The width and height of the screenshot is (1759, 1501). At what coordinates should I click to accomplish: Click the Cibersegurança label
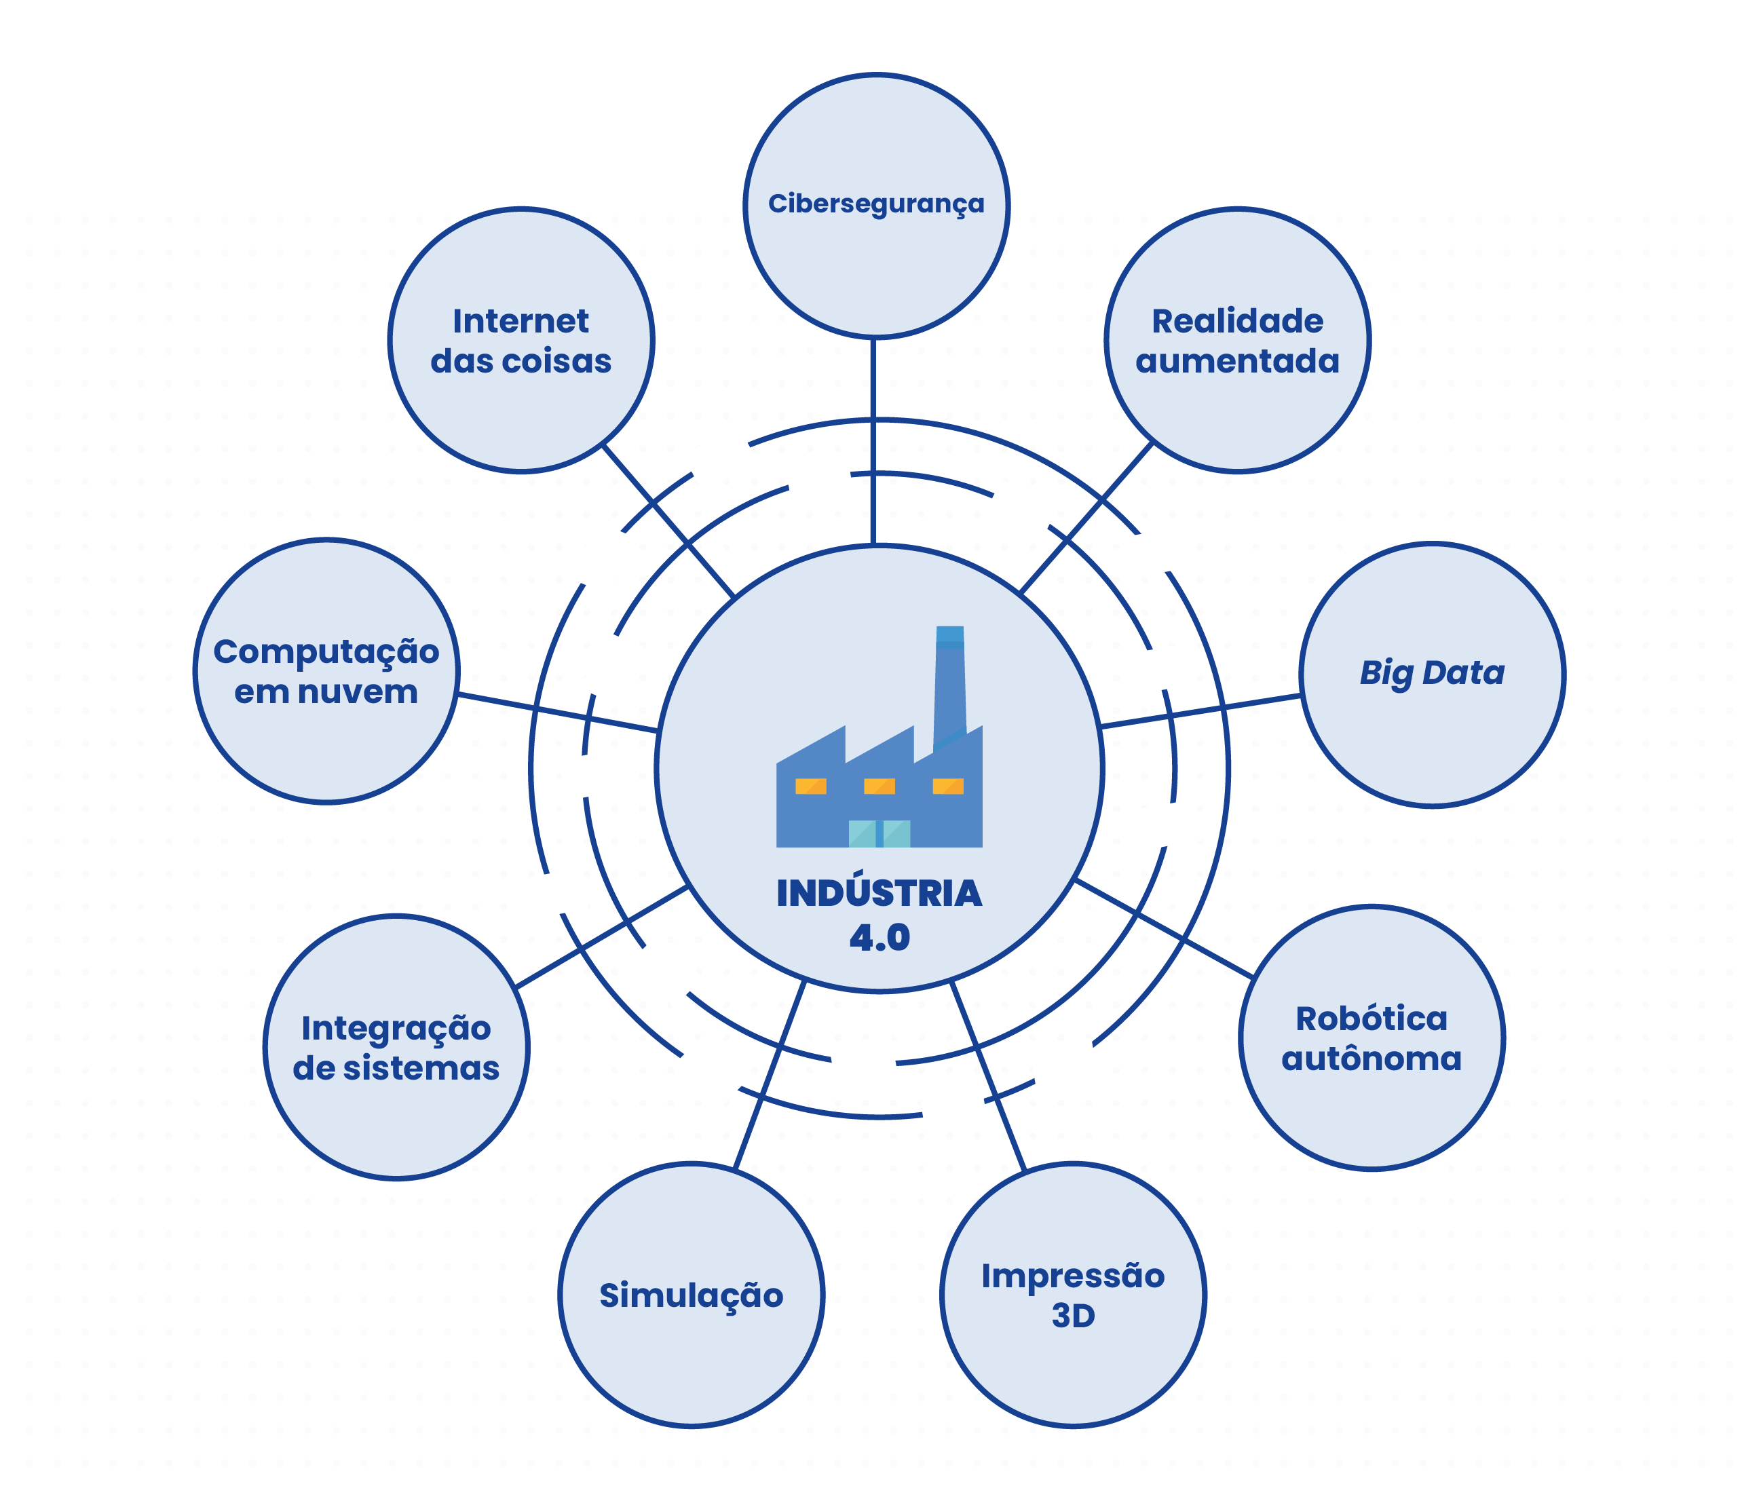tap(876, 204)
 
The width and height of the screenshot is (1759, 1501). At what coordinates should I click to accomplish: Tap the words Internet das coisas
tap(521, 341)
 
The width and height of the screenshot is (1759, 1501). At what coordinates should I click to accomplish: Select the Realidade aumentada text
tap(1237, 341)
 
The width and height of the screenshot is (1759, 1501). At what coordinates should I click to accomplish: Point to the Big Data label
tap(1431, 672)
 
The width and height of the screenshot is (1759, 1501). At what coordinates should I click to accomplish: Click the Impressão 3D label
tap(1072, 1295)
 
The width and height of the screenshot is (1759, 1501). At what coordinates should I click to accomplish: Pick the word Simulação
tap(691, 1295)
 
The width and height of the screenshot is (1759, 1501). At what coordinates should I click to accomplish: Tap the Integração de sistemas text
tap(396, 1047)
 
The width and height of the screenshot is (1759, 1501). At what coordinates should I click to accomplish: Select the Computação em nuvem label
tap(326, 670)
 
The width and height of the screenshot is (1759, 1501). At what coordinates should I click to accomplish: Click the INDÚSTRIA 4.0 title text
tap(879, 914)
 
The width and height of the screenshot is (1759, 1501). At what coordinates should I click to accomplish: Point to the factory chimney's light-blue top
tap(950, 636)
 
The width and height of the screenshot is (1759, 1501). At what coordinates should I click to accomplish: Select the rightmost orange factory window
tap(947, 786)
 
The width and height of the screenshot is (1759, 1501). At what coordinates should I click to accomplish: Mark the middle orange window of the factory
tap(879, 786)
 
